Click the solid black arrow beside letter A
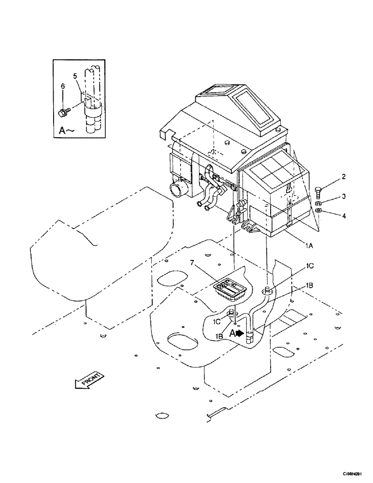click(240, 333)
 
